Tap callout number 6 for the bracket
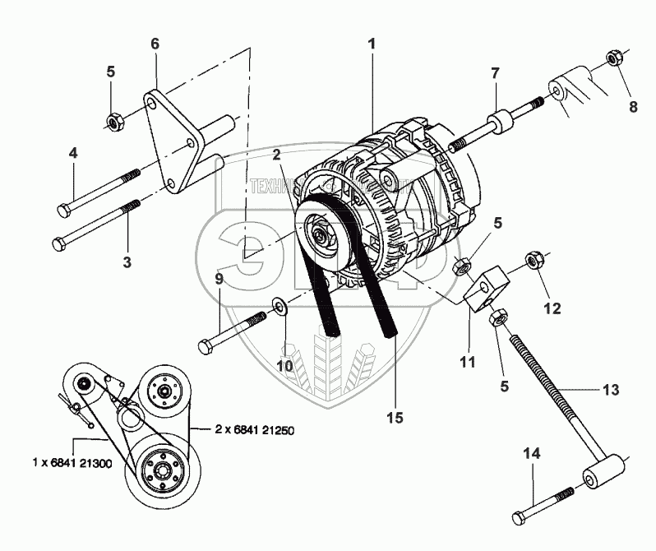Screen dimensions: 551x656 (154, 44)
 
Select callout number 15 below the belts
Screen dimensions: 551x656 (395, 418)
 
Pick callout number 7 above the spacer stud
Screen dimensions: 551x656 (495, 73)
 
